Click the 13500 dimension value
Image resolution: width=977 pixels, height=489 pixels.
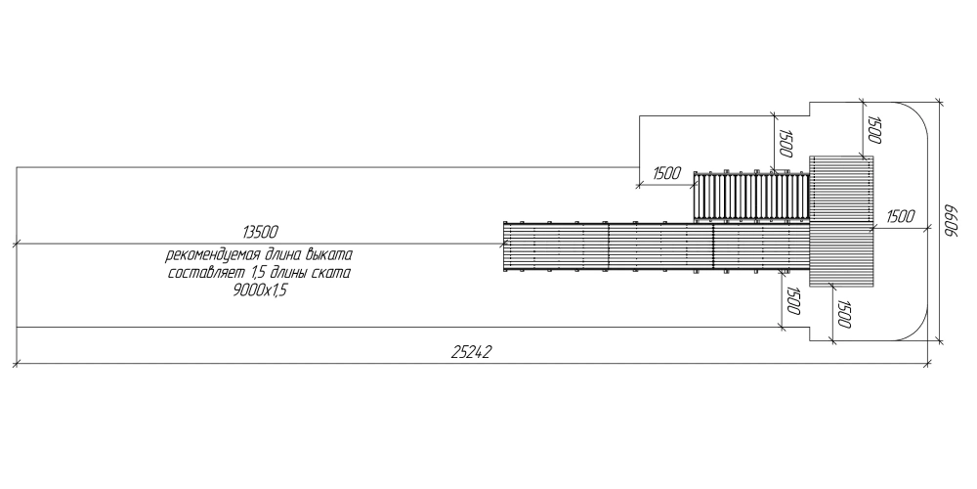point(261,233)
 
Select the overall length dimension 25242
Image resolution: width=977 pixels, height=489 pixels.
point(471,352)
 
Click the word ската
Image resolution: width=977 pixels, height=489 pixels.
point(331,273)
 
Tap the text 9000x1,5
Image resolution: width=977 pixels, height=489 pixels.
point(260,290)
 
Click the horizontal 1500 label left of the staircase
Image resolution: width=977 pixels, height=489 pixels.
point(666,173)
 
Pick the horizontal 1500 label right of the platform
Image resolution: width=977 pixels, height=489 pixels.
point(901,216)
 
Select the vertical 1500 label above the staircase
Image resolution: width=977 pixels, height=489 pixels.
point(786,144)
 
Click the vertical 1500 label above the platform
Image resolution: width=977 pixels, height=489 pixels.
point(874,130)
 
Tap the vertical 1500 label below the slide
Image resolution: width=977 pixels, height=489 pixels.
point(792,300)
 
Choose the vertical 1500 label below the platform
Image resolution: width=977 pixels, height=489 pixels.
point(844,314)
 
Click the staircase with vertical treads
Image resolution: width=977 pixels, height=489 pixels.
point(751,197)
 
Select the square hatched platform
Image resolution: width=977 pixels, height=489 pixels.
point(841,221)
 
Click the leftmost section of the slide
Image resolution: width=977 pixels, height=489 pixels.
point(556,246)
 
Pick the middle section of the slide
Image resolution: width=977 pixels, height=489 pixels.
point(661,246)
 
